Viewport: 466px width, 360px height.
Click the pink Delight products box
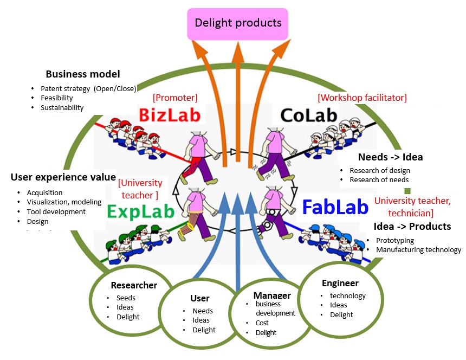(238, 23)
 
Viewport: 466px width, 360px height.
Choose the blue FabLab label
(335, 207)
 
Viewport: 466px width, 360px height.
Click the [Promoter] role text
(175, 98)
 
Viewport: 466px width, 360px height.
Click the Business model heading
(82, 74)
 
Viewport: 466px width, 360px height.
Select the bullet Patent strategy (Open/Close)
(88, 88)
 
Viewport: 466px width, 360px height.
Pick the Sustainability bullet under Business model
(62, 107)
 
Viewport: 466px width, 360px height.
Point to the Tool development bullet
(56, 211)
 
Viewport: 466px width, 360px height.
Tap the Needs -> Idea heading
(390, 157)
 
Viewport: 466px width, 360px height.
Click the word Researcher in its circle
(134, 285)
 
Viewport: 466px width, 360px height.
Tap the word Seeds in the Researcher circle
(126, 298)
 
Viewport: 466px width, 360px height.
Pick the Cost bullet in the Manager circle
(262, 323)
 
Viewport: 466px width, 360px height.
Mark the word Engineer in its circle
(340, 283)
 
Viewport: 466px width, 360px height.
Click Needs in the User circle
(203, 311)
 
